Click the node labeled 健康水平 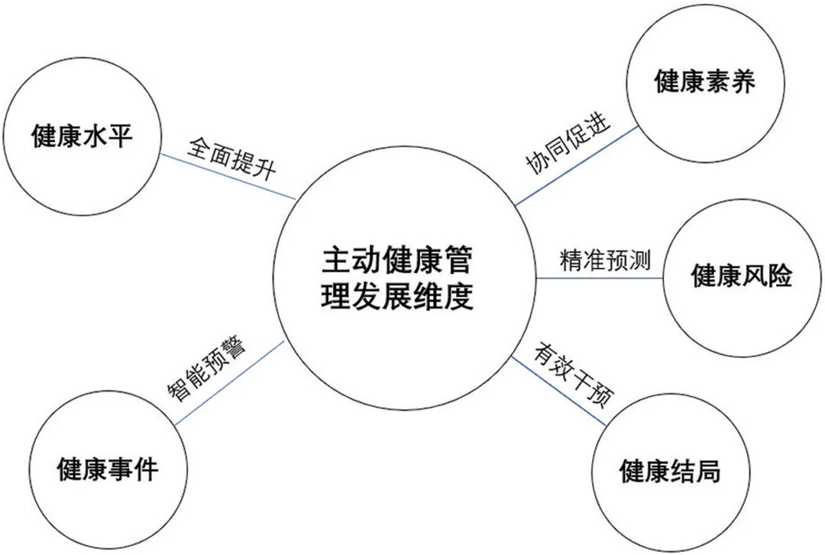(82, 137)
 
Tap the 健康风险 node (742, 276)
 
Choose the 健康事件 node (108, 467)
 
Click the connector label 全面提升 (232, 156)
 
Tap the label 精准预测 (604, 260)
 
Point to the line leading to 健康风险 (603, 278)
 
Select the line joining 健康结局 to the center (558, 390)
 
